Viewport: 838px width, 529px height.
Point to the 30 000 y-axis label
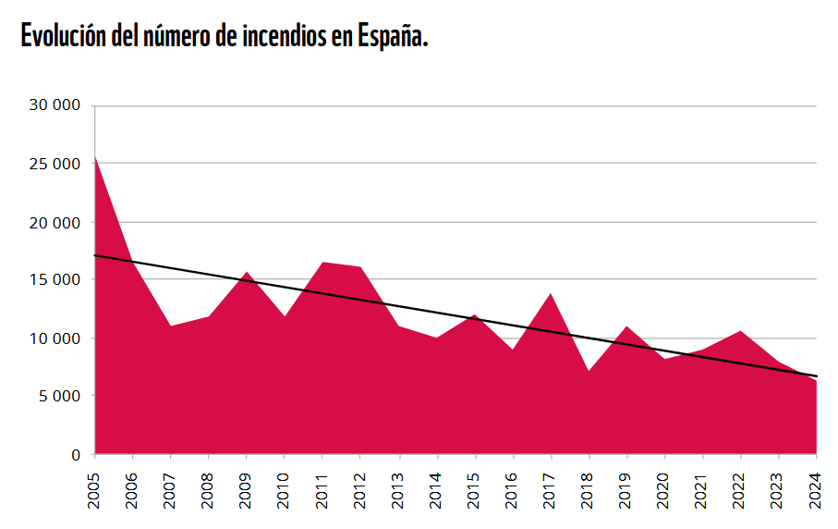click(55, 105)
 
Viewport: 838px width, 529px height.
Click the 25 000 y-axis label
click(55, 164)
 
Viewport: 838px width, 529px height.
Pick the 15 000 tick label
click(55, 280)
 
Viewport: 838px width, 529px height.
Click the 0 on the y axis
click(77, 455)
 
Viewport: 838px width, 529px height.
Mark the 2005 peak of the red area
click(95, 156)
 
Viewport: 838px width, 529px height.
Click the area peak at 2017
click(552, 293)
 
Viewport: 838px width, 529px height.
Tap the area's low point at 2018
click(589, 371)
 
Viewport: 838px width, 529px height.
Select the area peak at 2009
click(247, 272)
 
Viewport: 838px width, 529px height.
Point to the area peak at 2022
click(741, 331)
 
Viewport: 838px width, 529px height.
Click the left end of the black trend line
click(95, 255)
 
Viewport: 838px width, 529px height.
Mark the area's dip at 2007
click(171, 326)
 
